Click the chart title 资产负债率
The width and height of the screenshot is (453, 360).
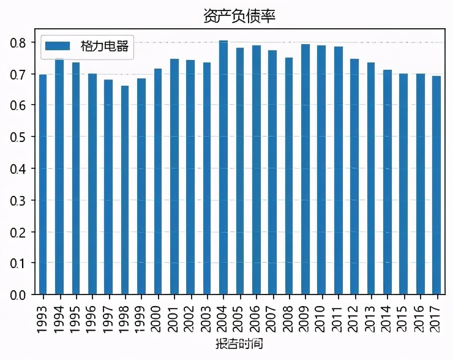[239, 16]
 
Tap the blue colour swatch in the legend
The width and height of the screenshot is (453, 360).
[59, 47]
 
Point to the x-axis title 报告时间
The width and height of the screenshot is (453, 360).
[239, 344]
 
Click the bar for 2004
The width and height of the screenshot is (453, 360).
[223, 168]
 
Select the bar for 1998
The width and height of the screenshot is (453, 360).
[125, 190]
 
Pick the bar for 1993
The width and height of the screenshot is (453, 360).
[43, 184]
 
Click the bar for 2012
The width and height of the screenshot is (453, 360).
[354, 177]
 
